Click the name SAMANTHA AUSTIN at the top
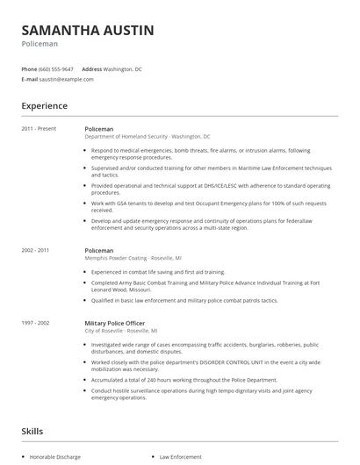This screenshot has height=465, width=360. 87,31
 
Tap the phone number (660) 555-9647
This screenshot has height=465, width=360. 57,68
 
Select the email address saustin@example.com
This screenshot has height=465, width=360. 67,79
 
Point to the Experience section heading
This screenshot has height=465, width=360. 44,106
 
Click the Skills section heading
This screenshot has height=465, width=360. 33,432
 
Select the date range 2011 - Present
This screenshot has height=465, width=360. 39,129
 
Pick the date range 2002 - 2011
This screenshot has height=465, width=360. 35,250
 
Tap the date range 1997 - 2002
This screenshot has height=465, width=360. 35,323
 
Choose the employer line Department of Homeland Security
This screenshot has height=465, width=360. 127,137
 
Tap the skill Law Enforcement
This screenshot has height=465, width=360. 179,456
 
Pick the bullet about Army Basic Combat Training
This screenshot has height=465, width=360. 207,286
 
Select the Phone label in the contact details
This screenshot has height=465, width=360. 29,68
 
